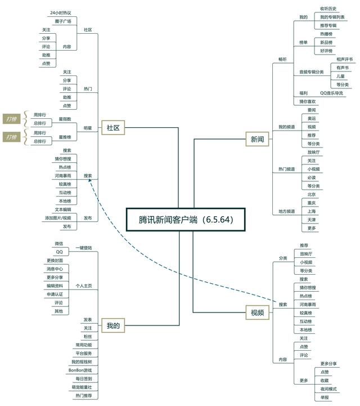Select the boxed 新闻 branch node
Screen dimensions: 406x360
tap(257, 139)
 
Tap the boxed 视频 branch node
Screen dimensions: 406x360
tap(257, 313)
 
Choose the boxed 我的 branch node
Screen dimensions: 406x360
tap(113, 325)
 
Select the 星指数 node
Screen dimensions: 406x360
tap(65, 119)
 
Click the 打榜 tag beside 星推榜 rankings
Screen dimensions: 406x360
tap(11, 137)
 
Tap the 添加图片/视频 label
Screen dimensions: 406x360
tap(58, 217)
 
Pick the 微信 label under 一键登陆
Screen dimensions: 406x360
tap(59, 243)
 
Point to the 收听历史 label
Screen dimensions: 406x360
tap(328, 8)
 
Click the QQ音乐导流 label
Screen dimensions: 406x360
tap(331, 93)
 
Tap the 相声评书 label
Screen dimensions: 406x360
tap(344, 59)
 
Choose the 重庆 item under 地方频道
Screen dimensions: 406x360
tap(312, 203)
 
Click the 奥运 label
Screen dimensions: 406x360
tap(312, 118)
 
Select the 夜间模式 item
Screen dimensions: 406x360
tap(328, 389)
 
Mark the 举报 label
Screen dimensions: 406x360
tap(325, 398)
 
